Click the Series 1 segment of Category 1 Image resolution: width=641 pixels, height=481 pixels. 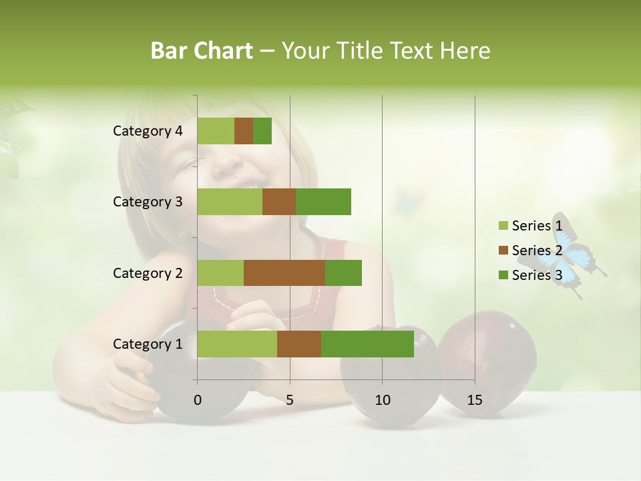tap(237, 344)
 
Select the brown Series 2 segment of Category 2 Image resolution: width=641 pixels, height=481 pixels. tap(284, 273)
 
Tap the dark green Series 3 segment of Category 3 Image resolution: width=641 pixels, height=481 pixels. tap(323, 202)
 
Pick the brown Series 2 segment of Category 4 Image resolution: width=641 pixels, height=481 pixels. tap(244, 131)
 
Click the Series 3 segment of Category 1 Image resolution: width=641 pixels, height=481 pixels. tap(367, 344)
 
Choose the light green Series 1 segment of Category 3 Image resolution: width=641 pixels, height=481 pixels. tap(230, 202)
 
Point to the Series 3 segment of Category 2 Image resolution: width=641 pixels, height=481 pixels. tap(343, 273)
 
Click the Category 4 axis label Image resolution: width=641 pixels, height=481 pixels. tap(148, 131)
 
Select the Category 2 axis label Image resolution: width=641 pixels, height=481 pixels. tap(148, 273)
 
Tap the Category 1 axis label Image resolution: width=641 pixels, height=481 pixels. tap(148, 344)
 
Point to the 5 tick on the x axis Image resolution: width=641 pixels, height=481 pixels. tap(290, 400)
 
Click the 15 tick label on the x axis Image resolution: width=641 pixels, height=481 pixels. tap(474, 400)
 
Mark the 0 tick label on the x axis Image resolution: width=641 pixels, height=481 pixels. tap(198, 400)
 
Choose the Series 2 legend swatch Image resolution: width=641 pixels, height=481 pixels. tap(503, 251)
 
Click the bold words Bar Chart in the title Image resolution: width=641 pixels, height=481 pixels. tap(202, 51)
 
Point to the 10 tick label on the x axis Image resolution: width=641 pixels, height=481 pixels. tap(382, 400)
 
